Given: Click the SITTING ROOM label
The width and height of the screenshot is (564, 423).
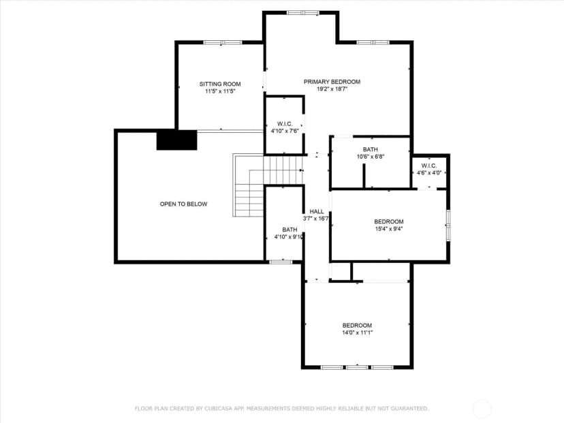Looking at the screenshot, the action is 220,84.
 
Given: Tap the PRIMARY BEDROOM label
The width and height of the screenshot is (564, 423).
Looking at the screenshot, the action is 332,82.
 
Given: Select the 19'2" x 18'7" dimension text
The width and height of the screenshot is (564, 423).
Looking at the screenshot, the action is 332,89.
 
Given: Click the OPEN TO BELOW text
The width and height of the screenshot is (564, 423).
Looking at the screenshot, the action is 183,204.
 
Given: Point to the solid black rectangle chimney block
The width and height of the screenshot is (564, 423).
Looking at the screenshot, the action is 176,140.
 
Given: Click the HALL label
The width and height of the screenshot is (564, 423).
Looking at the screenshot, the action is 317,211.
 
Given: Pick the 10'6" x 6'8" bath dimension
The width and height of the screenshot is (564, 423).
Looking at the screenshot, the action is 370,157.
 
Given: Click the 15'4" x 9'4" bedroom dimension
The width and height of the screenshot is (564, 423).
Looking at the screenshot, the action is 389,229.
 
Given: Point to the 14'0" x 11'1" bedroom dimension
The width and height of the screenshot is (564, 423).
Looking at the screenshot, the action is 357,332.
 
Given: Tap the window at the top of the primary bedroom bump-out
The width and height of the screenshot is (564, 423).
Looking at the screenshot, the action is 302,13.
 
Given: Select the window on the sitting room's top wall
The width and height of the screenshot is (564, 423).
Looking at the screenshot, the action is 223,42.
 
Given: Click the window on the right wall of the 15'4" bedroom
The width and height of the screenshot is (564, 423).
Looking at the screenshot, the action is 448,225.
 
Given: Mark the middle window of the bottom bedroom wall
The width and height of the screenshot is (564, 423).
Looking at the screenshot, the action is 357,367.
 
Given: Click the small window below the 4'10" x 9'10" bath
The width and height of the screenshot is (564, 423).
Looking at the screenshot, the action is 281,262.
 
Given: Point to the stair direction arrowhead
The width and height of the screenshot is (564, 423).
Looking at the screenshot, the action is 302,170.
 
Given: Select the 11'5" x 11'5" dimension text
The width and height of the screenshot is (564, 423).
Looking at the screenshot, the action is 220,91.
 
